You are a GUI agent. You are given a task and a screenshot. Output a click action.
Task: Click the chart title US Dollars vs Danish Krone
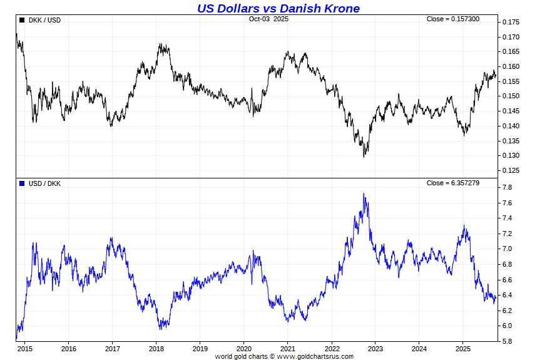pyautogui.click(x=278, y=8)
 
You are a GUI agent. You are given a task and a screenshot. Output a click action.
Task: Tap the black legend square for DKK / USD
pyautogui.click(x=22, y=20)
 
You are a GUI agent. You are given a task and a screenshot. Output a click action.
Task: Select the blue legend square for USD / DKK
pyautogui.click(x=22, y=183)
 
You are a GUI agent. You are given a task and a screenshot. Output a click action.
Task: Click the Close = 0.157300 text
pyautogui.click(x=452, y=19)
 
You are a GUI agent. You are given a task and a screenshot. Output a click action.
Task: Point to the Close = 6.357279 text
pyautogui.click(x=452, y=183)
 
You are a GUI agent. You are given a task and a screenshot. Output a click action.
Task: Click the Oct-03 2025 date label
pyautogui.click(x=268, y=19)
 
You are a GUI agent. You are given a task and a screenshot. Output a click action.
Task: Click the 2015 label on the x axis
pyautogui.click(x=26, y=349)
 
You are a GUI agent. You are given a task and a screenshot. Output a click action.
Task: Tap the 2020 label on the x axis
pyautogui.click(x=244, y=349)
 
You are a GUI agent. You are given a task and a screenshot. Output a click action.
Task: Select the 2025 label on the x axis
pyautogui.click(x=462, y=349)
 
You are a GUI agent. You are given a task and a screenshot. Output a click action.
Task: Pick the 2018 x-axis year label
pyautogui.click(x=156, y=349)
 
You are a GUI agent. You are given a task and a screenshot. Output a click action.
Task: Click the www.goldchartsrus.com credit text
pyautogui.click(x=315, y=356)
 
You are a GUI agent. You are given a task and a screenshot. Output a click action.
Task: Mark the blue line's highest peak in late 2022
pyautogui.click(x=364, y=194)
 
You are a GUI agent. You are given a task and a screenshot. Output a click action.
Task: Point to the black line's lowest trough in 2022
pyautogui.click(x=364, y=156)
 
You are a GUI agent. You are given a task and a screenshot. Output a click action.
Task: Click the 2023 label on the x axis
pyautogui.click(x=376, y=349)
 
